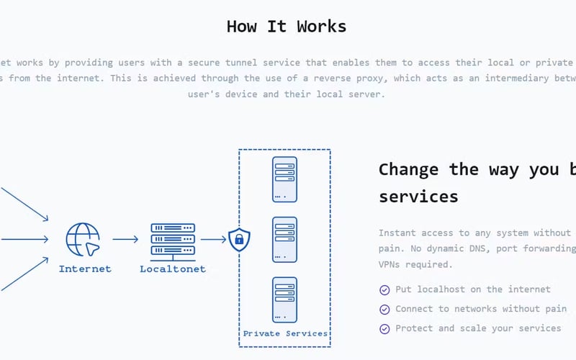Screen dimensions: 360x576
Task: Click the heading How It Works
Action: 287,27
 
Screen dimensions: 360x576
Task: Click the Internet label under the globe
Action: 85,269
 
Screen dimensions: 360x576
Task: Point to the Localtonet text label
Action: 173,269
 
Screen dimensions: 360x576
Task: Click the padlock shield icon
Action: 238,240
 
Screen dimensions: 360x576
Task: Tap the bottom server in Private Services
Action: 284,299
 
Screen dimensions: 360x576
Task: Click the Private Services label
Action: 285,333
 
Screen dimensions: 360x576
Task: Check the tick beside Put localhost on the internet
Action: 384,289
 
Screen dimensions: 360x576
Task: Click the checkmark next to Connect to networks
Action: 384,309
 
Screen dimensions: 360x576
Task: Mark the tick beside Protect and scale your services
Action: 384,328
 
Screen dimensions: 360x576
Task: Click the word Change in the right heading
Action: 408,169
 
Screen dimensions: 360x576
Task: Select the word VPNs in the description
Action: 392,264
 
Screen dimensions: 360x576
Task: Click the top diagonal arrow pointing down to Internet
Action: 24,204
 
